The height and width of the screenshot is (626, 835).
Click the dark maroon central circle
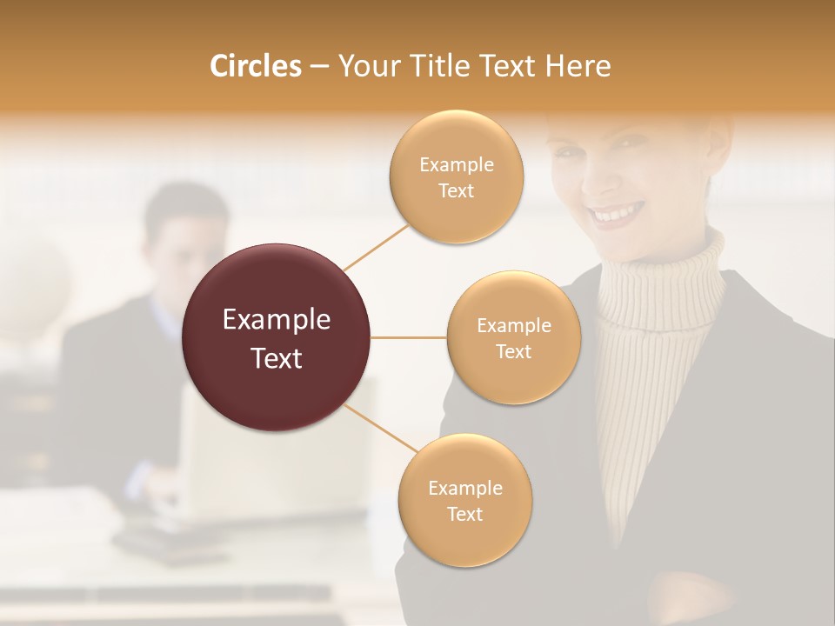click(x=277, y=337)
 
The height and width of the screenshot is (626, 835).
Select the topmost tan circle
click(x=456, y=177)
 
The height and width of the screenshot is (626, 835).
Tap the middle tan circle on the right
click(x=513, y=337)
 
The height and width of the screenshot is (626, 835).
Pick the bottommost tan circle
click(x=464, y=500)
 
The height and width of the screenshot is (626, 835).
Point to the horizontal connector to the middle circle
click(x=409, y=337)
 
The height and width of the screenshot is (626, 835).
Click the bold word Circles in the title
click(x=256, y=66)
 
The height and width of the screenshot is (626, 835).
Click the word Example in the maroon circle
click(x=277, y=320)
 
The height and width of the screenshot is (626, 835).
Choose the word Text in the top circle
click(x=456, y=190)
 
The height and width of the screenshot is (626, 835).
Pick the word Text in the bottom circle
click(x=464, y=514)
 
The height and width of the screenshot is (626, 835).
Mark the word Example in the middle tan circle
click(x=513, y=325)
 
